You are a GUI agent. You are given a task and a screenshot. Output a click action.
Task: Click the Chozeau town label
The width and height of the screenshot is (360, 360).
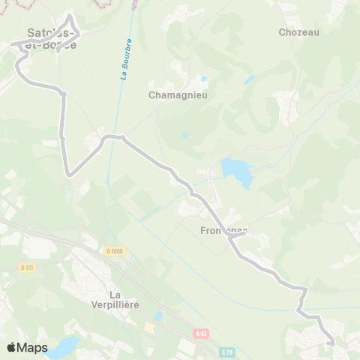click(x=298, y=32)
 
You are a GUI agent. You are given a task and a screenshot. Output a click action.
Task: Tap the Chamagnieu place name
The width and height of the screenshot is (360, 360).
click(x=178, y=95)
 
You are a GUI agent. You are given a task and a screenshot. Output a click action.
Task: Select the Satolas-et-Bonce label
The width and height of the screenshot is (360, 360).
click(x=50, y=39)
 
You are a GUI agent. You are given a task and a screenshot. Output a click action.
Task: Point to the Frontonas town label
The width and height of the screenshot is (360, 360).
click(x=224, y=231)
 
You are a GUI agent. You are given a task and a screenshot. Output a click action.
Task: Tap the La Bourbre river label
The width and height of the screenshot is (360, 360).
click(x=126, y=59)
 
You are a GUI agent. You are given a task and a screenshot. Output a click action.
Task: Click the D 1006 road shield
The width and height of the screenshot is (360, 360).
click(x=113, y=250)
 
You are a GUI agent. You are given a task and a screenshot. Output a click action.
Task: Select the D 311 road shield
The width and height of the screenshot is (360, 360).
click(x=27, y=268)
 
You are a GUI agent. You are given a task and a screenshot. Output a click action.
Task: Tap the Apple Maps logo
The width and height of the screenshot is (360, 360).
click(x=27, y=347)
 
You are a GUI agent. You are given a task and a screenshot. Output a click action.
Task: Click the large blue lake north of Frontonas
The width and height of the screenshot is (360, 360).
click(x=236, y=172)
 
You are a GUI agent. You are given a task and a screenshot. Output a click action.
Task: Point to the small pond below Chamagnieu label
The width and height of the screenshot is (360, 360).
click(x=184, y=136)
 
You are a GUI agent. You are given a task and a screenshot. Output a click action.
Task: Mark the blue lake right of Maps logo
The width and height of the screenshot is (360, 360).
click(x=63, y=346)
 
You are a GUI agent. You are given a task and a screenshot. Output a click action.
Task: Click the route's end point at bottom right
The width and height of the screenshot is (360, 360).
click(x=331, y=343)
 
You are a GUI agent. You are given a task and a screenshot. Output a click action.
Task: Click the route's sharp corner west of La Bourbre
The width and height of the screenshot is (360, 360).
click(x=69, y=175)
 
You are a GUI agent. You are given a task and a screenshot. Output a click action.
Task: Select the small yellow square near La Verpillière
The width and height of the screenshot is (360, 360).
click(x=150, y=328)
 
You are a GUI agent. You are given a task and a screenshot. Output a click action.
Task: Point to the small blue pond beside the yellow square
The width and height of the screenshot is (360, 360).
click(x=158, y=317)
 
